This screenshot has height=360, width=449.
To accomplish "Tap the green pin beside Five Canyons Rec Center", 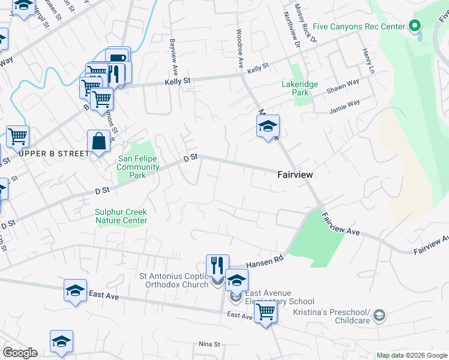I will pyautogui.click(x=414, y=26).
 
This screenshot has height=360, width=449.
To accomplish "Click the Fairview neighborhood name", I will pyautogui.click(x=295, y=175).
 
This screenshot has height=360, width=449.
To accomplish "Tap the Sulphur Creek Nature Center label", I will pyautogui.click(x=121, y=216).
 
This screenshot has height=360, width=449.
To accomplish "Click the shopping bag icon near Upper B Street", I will pyautogui.click(x=98, y=142).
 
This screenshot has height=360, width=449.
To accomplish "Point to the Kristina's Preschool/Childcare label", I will pyautogui.click(x=331, y=316).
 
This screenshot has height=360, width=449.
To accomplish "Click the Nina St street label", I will pyautogui.click(x=210, y=344).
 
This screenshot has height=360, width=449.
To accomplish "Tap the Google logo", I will pyautogui.click(x=20, y=353).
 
